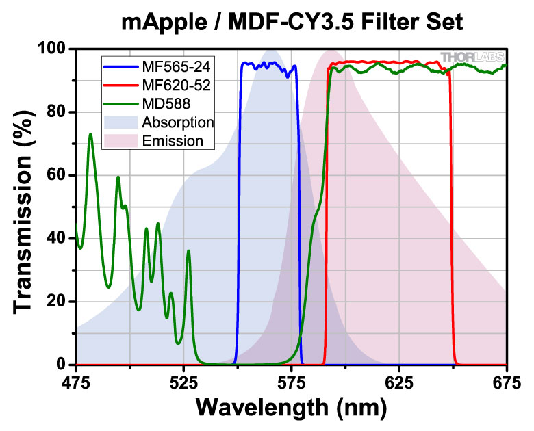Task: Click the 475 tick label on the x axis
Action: coord(76,381)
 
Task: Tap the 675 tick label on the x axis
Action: coord(507,381)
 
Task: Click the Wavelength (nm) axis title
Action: coord(292,407)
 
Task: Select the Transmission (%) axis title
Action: coord(24,207)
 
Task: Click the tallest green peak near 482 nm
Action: coord(90,134)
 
